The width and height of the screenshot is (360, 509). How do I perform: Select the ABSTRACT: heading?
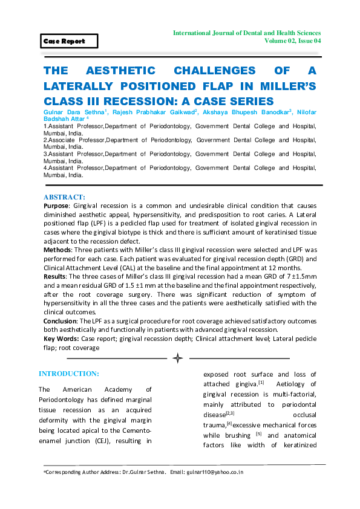pyautogui.click(x=65, y=197)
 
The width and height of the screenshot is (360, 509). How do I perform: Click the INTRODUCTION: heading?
pyautogui.click(x=69, y=373)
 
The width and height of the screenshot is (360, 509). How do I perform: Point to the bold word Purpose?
pyautogui.click(x=56, y=206)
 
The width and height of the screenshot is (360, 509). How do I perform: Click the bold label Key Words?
pyautogui.click(x=61, y=338)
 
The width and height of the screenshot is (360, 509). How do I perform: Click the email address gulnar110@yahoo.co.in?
pyautogui.click(x=215, y=472)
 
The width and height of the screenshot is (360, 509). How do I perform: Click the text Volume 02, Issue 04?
pyautogui.click(x=292, y=41)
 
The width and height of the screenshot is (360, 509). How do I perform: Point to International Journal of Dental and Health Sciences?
pyautogui.click(x=247, y=32)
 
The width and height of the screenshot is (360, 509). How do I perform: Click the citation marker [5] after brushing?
pyautogui.click(x=259, y=433)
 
